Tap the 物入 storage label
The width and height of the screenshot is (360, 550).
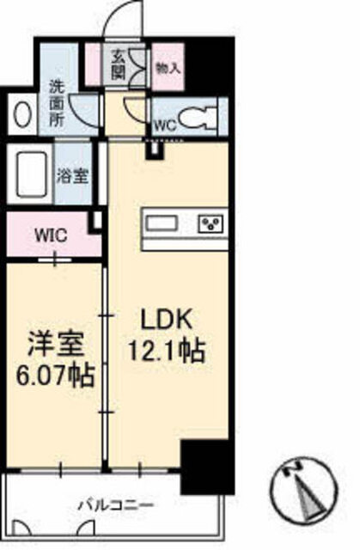pyautogui.click(x=168, y=69)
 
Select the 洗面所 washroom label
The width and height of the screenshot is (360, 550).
pyautogui.click(x=57, y=104)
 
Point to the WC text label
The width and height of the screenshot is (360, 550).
pyautogui.click(x=166, y=125)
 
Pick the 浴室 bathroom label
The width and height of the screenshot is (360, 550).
pyautogui.click(x=72, y=175)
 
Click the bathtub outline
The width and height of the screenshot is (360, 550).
pyautogui.click(x=27, y=174)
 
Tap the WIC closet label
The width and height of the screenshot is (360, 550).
pyautogui.click(x=52, y=235)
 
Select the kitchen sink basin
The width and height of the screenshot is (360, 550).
pyautogui.click(x=162, y=223)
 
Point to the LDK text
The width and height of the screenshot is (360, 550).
pyautogui.click(x=167, y=319)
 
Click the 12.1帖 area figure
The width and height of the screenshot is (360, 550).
pyautogui.click(x=167, y=351)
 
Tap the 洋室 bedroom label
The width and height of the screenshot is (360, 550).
pyautogui.click(x=56, y=345)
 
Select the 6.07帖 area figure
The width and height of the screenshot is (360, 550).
pyautogui.click(x=55, y=376)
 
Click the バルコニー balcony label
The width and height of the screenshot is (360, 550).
pyautogui.click(x=116, y=505)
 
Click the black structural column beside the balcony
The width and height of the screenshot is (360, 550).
pyautogui.click(x=207, y=467)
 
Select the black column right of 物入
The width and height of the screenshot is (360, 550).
pyautogui.click(x=210, y=67)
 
